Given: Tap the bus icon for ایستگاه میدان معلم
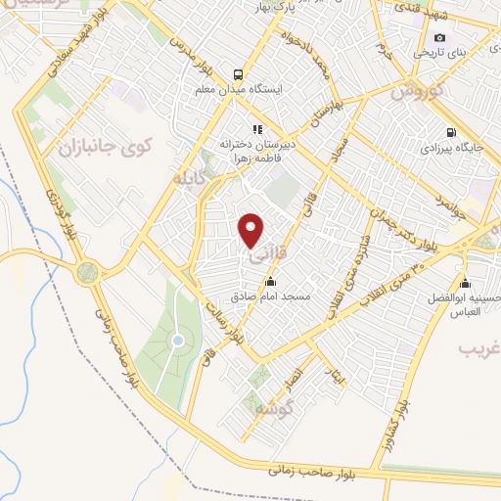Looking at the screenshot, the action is click(x=237, y=73).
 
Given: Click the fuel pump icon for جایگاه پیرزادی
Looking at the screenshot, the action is click(x=449, y=133).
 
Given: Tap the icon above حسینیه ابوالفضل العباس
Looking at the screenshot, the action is click(x=464, y=285).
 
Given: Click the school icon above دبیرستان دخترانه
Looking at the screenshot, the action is click(x=257, y=128).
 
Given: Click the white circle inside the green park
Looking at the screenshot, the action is click(x=177, y=341).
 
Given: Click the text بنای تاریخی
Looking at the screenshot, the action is click(x=435, y=52).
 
